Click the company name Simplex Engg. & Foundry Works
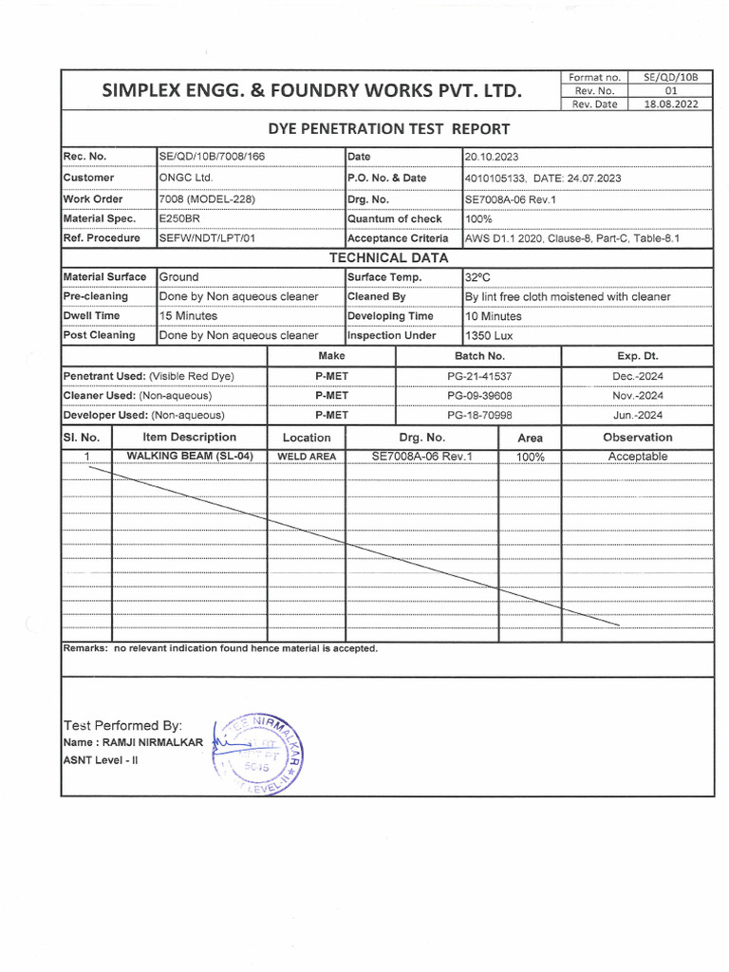tap(312, 91)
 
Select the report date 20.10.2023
tap(492, 157)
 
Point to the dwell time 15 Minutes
tap(188, 316)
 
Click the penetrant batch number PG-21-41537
tap(479, 376)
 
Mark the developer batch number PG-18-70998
tap(479, 416)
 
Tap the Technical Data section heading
tap(388, 258)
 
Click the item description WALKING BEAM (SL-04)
tap(190, 456)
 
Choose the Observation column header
tap(637, 438)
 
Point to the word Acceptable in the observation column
tap(637, 457)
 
